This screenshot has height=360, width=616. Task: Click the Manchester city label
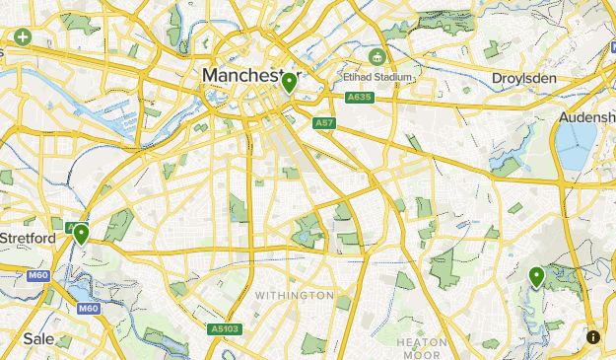pos(242,76)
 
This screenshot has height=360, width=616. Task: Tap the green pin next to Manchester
pos(289,83)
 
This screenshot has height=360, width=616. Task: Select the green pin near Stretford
pos(81,234)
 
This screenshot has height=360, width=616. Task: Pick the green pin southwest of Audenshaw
pos(536,277)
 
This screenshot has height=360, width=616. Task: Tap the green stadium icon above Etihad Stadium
pos(376,54)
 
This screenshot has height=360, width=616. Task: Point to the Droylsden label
pos(523,78)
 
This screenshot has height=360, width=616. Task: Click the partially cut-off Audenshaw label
pos(587,117)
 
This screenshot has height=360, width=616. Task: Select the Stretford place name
pos(28,238)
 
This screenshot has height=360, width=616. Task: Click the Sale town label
pos(38,337)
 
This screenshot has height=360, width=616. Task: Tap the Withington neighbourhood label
pos(294,295)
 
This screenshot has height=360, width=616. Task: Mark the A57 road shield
pos(322,122)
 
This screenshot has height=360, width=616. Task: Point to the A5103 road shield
pos(224,329)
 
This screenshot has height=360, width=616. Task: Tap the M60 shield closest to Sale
pos(89,308)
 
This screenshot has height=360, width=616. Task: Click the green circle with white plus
pos(22,37)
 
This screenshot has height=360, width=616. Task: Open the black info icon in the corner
pos(592,336)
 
